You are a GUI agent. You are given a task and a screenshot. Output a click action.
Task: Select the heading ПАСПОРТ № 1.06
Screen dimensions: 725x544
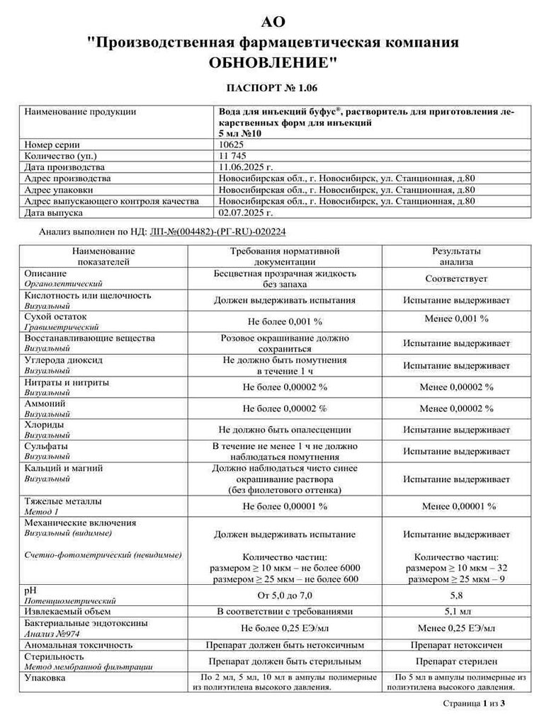[x=272, y=88]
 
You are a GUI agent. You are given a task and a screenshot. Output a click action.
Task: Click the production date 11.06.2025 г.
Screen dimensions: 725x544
[x=246, y=167]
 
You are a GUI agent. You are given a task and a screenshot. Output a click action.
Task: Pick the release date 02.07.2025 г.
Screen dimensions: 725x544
[x=246, y=212]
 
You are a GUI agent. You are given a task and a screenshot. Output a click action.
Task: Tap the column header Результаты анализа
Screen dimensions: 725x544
[x=456, y=256]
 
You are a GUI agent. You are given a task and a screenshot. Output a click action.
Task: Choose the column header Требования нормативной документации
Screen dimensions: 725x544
[x=285, y=256]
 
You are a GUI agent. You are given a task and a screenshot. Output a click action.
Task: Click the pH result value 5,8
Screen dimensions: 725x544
[x=456, y=595]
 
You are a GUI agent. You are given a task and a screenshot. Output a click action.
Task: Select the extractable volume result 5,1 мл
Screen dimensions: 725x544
[x=456, y=611]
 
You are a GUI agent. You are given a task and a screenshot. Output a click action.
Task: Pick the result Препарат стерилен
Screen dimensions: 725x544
[x=456, y=661]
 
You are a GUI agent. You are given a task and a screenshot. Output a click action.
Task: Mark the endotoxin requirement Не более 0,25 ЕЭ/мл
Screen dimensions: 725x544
[x=285, y=628]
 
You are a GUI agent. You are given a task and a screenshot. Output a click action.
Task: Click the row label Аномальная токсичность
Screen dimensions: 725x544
[x=79, y=645]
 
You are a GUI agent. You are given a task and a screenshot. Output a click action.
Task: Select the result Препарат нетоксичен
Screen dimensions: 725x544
[x=456, y=645]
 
